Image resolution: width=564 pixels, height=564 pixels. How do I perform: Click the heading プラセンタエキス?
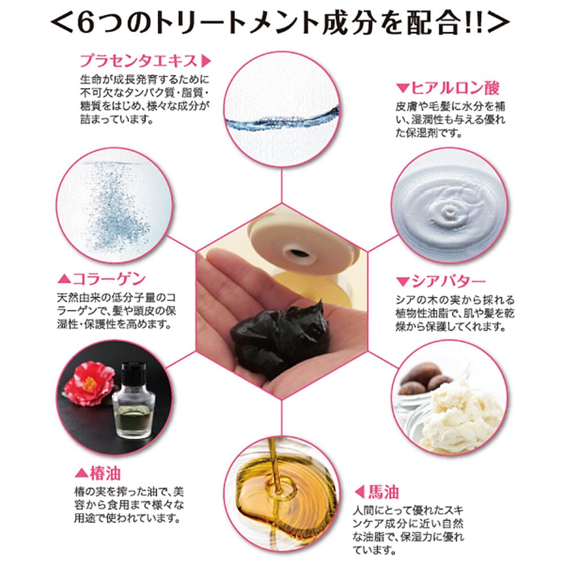(x=139, y=61)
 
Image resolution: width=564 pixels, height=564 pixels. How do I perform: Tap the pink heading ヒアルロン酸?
(x=455, y=88)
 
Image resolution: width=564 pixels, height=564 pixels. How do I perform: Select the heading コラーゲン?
(x=109, y=279)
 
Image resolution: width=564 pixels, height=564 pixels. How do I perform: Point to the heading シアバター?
(x=448, y=281)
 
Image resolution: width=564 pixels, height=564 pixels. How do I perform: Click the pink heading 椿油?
(x=105, y=473)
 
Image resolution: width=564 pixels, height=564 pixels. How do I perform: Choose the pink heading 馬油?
(x=384, y=492)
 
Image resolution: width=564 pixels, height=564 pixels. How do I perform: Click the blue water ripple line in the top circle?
(x=282, y=118)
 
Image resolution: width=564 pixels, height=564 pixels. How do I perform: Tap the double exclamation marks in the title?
(x=474, y=24)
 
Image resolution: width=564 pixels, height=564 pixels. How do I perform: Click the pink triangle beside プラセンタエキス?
(x=206, y=61)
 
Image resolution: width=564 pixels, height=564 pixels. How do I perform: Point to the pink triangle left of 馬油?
(x=359, y=492)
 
